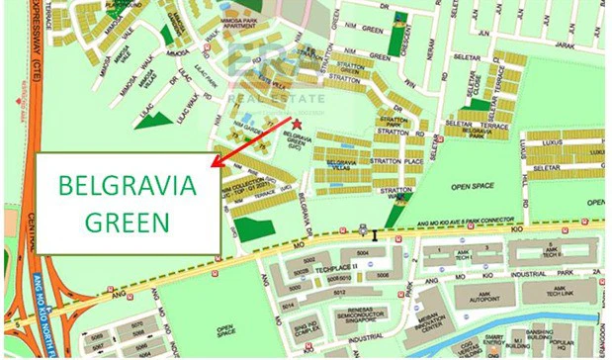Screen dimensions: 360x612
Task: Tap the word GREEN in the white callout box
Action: click(128, 219)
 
